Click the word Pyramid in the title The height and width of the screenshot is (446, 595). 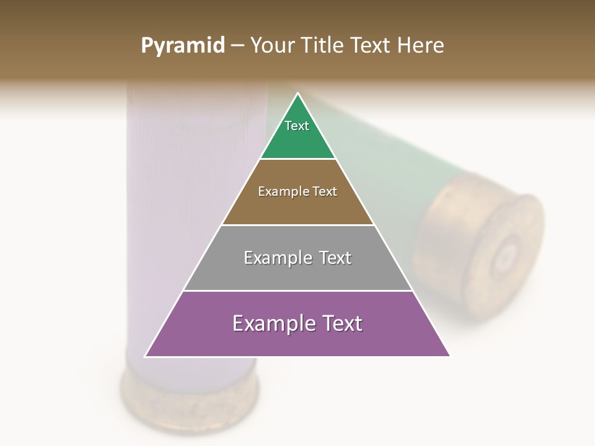(x=182, y=46)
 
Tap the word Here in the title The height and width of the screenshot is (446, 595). (x=420, y=45)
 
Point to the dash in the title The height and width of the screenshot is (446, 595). (x=237, y=46)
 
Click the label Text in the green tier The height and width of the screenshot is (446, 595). (x=297, y=126)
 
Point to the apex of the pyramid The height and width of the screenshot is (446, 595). (x=298, y=94)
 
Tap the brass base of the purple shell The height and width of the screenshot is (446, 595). (x=189, y=396)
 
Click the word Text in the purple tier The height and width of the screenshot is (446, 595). (x=340, y=323)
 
